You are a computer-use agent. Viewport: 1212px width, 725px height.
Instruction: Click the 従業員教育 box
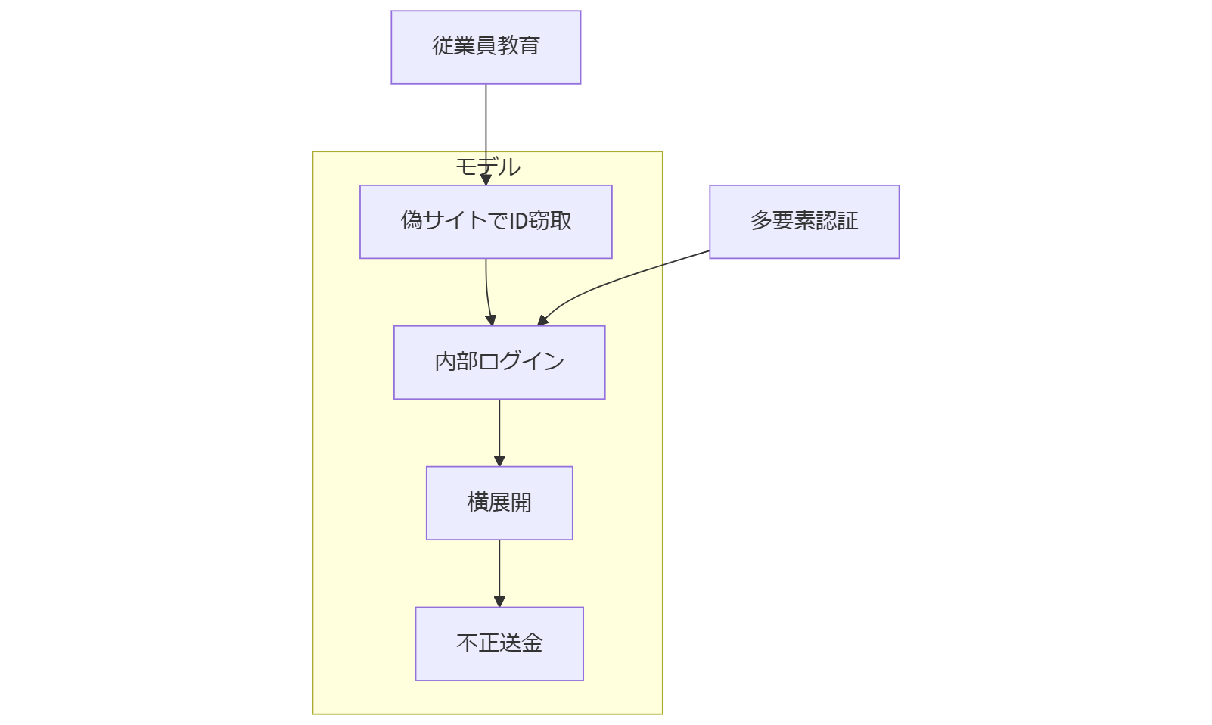tap(486, 47)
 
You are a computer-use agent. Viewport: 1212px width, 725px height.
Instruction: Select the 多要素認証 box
tap(804, 222)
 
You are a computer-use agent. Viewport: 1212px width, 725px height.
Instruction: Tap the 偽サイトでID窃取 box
tap(486, 222)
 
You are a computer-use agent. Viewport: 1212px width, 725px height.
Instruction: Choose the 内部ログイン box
tap(499, 362)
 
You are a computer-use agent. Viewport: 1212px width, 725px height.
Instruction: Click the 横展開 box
tap(499, 503)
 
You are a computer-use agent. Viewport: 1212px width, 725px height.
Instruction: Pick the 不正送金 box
tap(499, 644)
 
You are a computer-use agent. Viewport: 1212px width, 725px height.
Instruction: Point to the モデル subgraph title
tap(487, 166)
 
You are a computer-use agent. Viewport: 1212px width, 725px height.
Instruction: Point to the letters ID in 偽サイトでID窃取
tap(517, 221)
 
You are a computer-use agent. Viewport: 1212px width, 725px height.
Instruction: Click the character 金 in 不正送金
tap(533, 643)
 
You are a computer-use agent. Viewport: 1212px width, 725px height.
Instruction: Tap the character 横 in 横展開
tap(478, 503)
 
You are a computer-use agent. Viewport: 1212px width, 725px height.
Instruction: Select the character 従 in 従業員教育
tap(443, 46)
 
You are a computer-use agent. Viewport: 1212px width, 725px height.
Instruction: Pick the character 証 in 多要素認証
tap(848, 221)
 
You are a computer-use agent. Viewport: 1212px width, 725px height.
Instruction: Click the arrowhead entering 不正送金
tap(499, 602)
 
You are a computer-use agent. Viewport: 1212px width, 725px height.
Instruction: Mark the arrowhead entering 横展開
tap(499, 461)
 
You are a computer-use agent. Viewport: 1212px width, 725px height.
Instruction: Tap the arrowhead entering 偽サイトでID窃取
tap(486, 180)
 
